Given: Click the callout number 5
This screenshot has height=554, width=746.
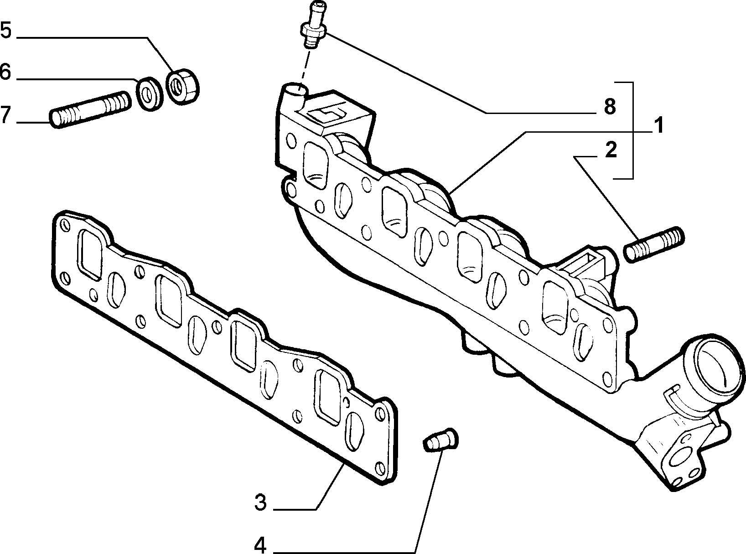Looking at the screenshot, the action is [x=6, y=30].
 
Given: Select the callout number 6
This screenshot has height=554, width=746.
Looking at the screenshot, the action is [x=5, y=72].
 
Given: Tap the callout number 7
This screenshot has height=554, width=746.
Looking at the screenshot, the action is [x=6, y=115].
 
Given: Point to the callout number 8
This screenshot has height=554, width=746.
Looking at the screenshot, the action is [x=610, y=107].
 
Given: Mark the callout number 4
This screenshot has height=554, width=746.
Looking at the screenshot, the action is [x=260, y=545].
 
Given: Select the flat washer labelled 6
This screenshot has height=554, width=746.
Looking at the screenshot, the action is [x=150, y=94].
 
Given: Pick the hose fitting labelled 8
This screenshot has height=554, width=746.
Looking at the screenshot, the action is [x=313, y=25].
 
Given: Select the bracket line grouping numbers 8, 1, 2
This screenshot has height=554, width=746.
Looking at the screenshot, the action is [x=633, y=130].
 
